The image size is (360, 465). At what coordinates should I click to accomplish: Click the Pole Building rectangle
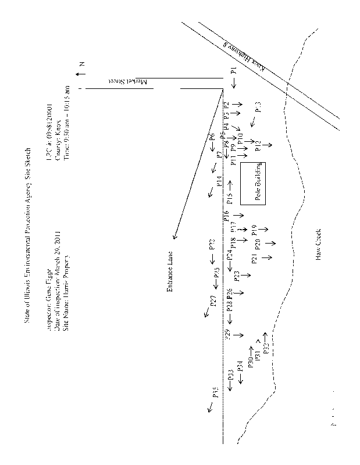coord(254,183)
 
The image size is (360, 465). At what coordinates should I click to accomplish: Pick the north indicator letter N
coord(82,65)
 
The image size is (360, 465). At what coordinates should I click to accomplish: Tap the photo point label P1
coord(233,73)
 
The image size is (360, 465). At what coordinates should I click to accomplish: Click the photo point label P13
coord(258,107)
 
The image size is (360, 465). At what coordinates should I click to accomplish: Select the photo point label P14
coord(220,181)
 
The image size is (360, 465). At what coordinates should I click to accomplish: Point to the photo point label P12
coord(258,145)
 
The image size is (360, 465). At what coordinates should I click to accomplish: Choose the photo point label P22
coord(212,245)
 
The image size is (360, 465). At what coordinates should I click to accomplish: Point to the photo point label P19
coord(254,230)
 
